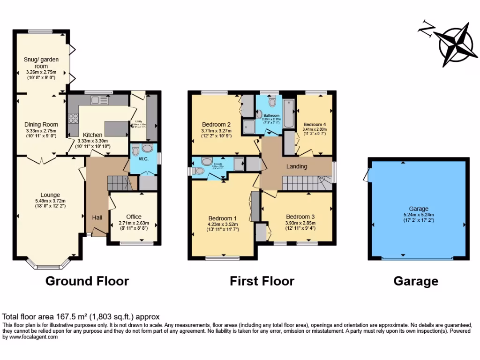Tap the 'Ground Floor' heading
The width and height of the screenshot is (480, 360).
click(x=87, y=281)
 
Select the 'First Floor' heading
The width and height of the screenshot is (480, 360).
click(x=262, y=281)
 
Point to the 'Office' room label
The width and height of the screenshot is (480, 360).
click(x=134, y=217)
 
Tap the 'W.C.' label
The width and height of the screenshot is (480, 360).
click(x=143, y=158)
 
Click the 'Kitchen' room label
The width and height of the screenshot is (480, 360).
click(x=92, y=135)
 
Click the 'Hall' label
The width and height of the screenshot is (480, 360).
click(x=97, y=217)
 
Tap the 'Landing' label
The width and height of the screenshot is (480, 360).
click(x=296, y=166)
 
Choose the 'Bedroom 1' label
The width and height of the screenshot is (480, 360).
click(x=222, y=218)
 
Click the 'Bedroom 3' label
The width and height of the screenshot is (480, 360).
click(x=300, y=217)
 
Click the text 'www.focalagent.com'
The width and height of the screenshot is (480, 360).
click(x=30, y=337)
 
